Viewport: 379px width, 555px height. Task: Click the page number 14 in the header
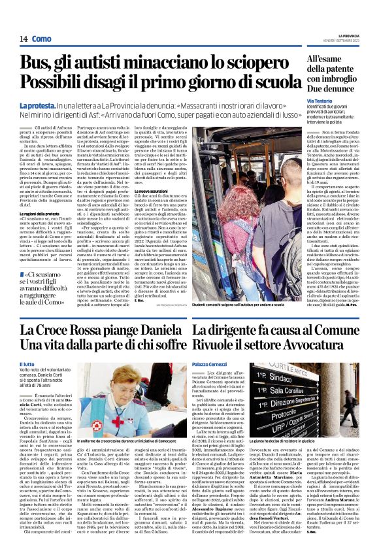click(x=24, y=40)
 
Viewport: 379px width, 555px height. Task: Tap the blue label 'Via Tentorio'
click(x=320, y=101)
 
